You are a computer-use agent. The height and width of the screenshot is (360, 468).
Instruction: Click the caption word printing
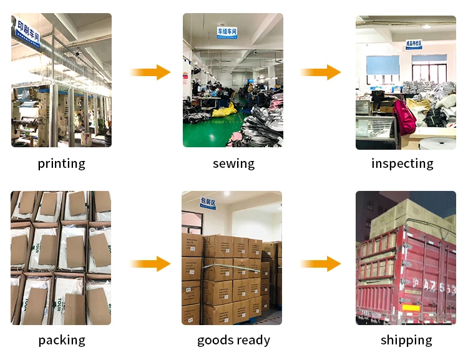pyautogui.click(x=61, y=164)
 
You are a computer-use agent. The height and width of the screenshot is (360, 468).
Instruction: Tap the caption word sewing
pyautogui.click(x=233, y=164)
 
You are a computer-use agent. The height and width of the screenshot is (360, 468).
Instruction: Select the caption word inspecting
pyautogui.click(x=402, y=164)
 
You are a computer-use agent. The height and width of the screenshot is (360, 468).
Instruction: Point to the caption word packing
pyautogui.click(x=61, y=341)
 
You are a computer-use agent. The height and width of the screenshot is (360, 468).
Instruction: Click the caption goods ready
pyautogui.click(x=233, y=341)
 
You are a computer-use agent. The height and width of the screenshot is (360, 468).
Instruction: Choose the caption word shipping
pyautogui.click(x=406, y=341)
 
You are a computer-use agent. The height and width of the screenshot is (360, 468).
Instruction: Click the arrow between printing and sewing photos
pyautogui.click(x=150, y=72)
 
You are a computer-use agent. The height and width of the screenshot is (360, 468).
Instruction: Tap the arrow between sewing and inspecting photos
pyautogui.click(x=321, y=72)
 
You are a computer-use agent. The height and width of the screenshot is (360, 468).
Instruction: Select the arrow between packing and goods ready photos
pyautogui.click(x=150, y=264)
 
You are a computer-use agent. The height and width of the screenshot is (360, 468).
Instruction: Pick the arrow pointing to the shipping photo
pyautogui.click(x=321, y=264)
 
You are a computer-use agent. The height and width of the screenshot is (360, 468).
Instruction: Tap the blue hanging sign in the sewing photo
pyautogui.click(x=227, y=32)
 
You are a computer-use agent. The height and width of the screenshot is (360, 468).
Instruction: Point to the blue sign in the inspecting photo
pyautogui.click(x=414, y=44)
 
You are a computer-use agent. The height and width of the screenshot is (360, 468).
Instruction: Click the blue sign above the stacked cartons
pyautogui.click(x=208, y=202)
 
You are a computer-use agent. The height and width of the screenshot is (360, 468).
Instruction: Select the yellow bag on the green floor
pyautogui.click(x=224, y=110)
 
